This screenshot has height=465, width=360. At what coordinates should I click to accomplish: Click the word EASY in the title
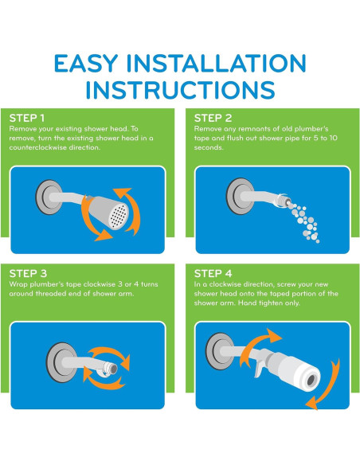pyautogui.click(x=86, y=63)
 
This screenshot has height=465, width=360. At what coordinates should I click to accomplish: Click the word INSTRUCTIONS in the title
pyautogui.click(x=180, y=89)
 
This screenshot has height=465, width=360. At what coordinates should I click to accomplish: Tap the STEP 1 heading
pyautogui.click(x=27, y=118)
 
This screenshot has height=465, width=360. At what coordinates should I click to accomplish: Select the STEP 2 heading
pyautogui.click(x=213, y=118)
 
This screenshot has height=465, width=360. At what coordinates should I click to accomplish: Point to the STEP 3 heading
pyautogui.click(x=28, y=273)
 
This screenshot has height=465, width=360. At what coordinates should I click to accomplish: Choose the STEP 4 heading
pyautogui.click(x=213, y=273)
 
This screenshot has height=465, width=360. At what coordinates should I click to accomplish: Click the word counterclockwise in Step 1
pyautogui.click(x=38, y=147)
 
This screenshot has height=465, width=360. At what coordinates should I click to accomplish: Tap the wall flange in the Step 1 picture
pyautogui.click(x=49, y=197)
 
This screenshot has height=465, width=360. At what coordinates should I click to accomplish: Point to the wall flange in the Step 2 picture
pyautogui.click(x=240, y=196)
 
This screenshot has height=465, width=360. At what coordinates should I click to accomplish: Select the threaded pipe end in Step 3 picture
pyautogui.click(x=111, y=369)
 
